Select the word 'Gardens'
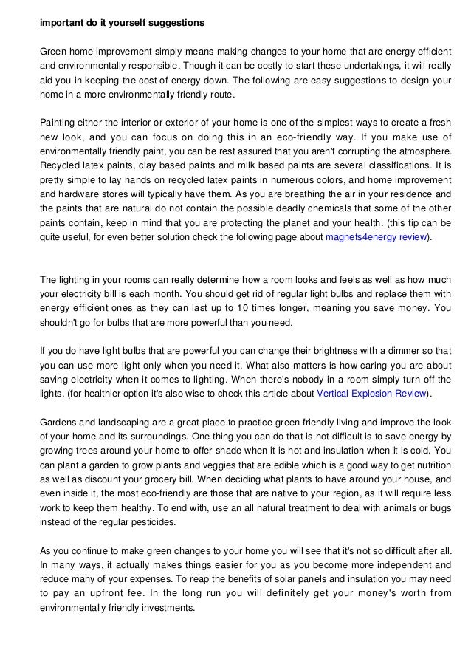(58, 421)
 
